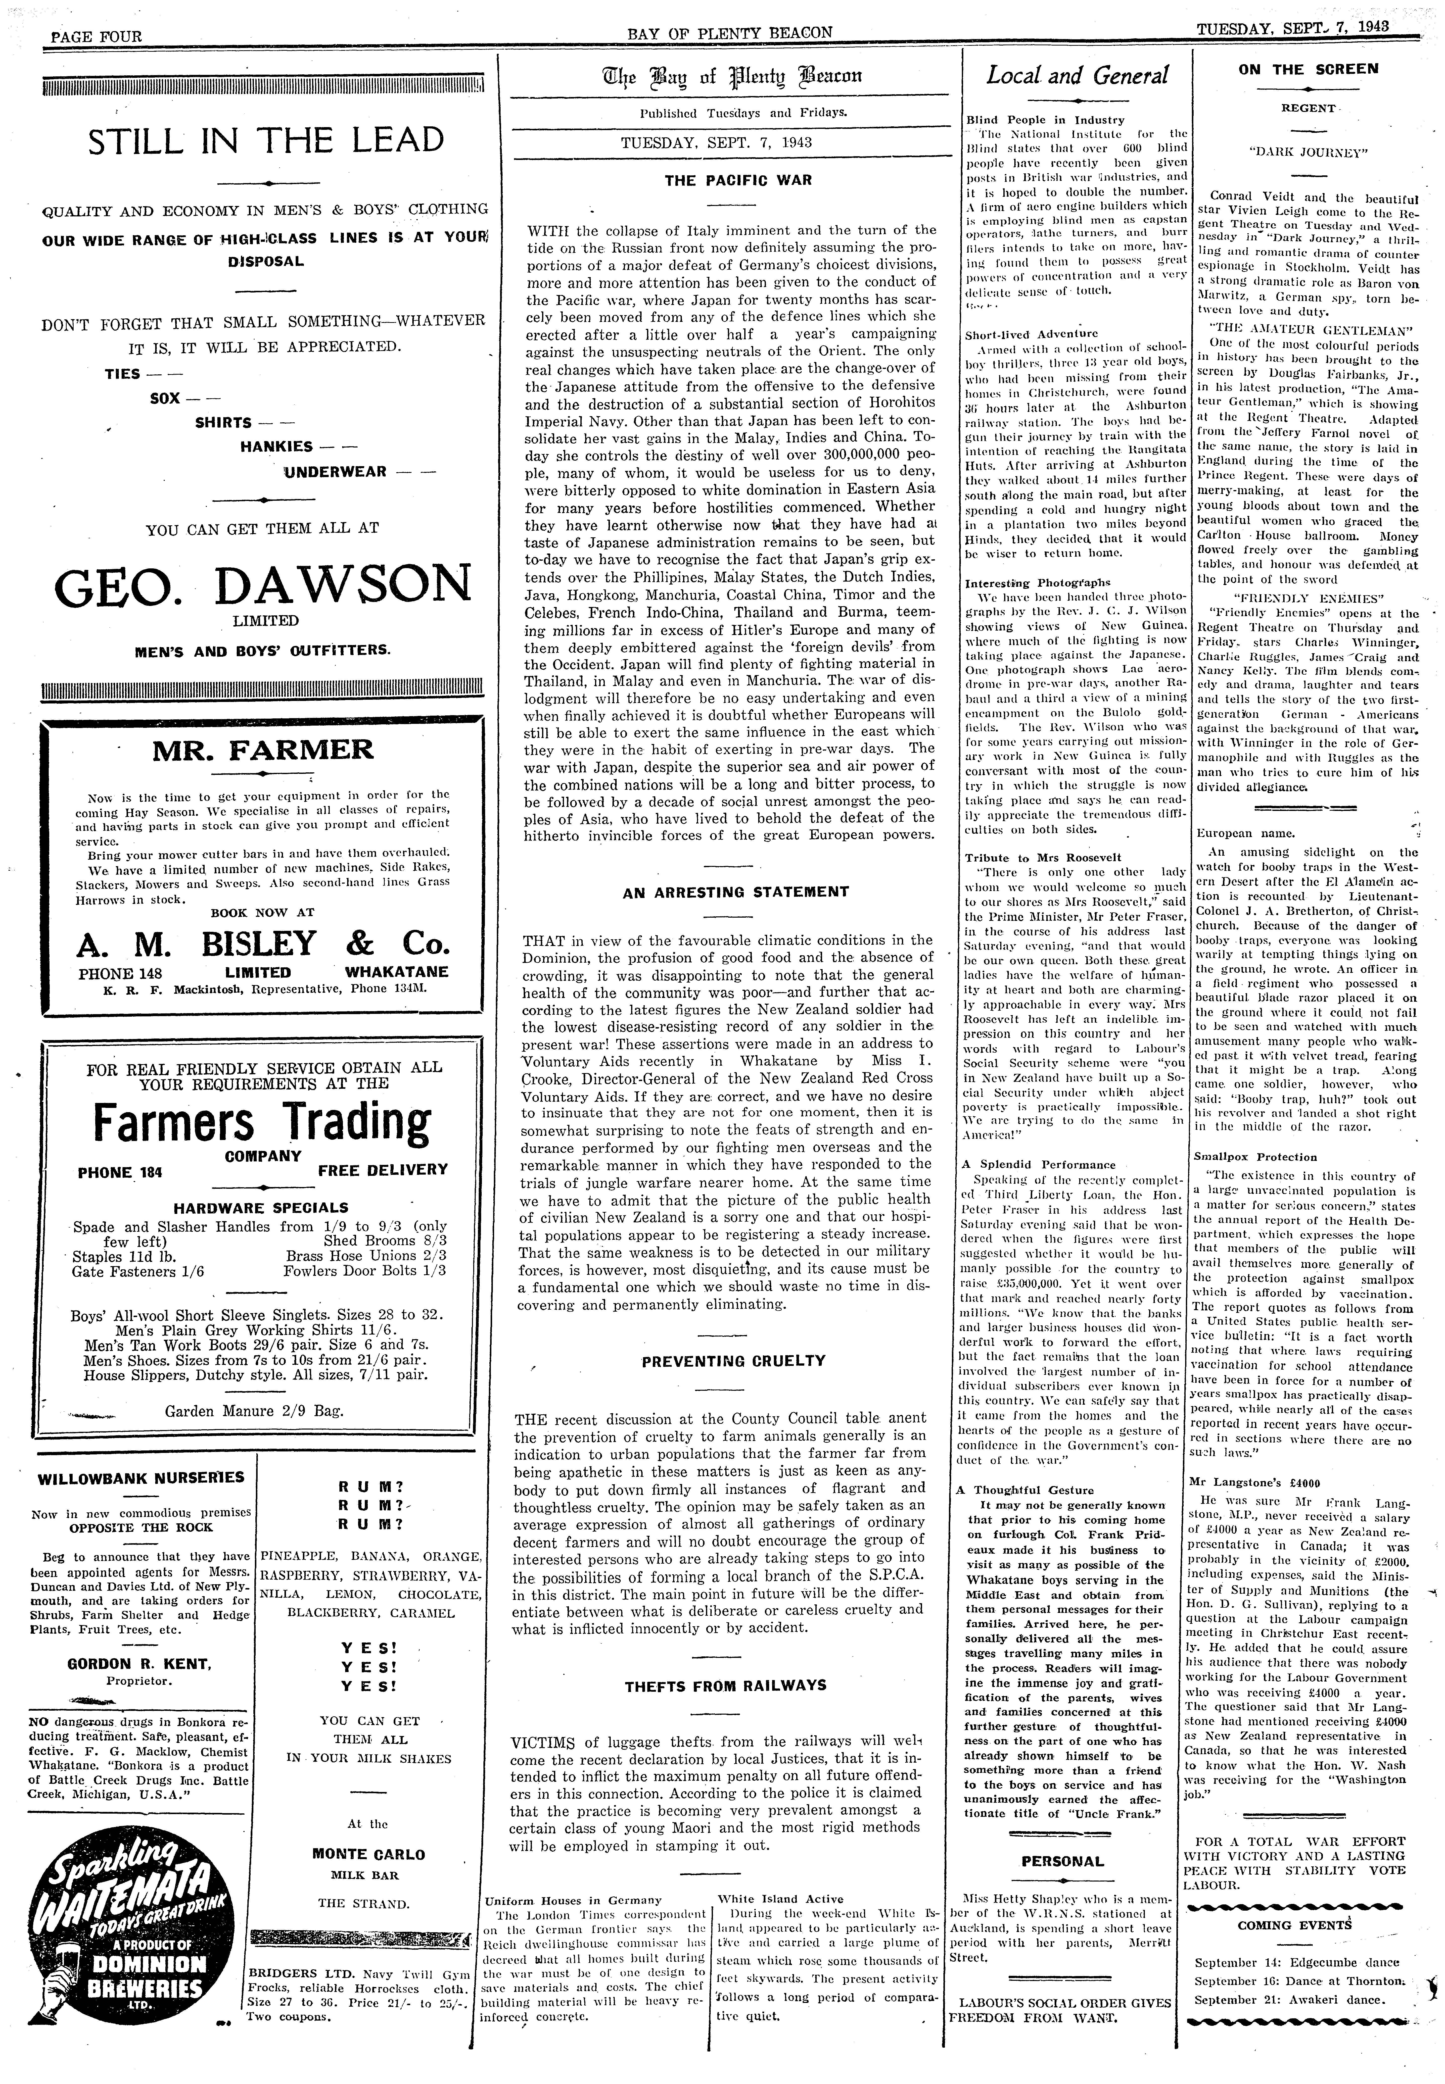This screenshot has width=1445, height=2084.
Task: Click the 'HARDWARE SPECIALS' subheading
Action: point(261,1207)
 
